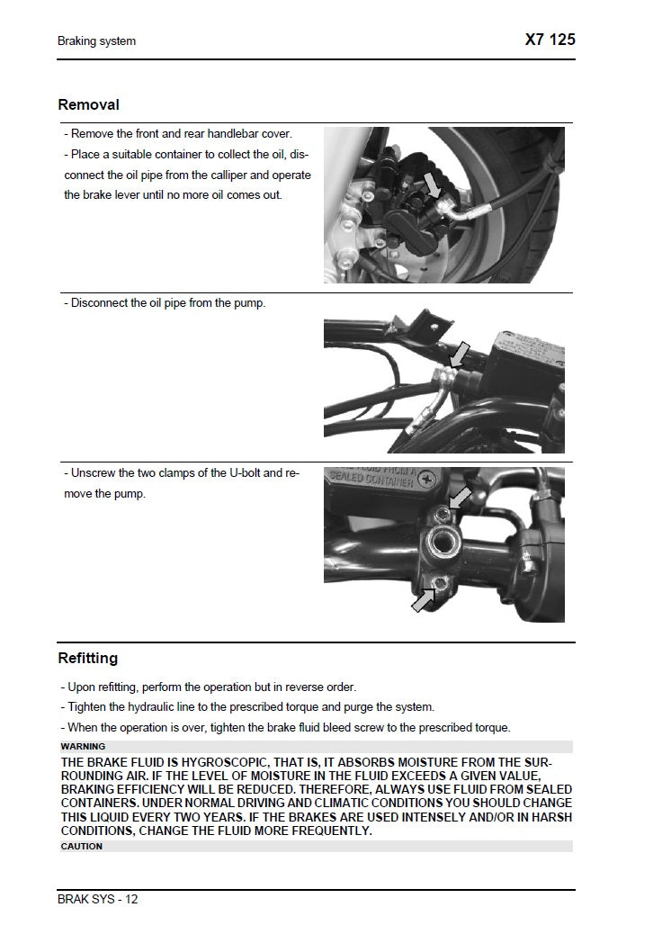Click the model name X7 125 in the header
coord(550,40)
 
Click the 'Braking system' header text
coord(97,41)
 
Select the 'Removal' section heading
coord(88,105)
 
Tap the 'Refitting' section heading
coord(87,659)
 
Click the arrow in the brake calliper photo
coord(433,184)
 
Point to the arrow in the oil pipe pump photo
coord(460,355)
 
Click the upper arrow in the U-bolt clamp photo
coord(459,497)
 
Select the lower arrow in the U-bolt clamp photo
coord(423,599)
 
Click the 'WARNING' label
coord(83,747)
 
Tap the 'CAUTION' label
coord(82,847)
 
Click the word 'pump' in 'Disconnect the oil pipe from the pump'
coord(250,303)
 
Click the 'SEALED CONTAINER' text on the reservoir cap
coord(371,480)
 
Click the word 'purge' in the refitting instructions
coord(368,707)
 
